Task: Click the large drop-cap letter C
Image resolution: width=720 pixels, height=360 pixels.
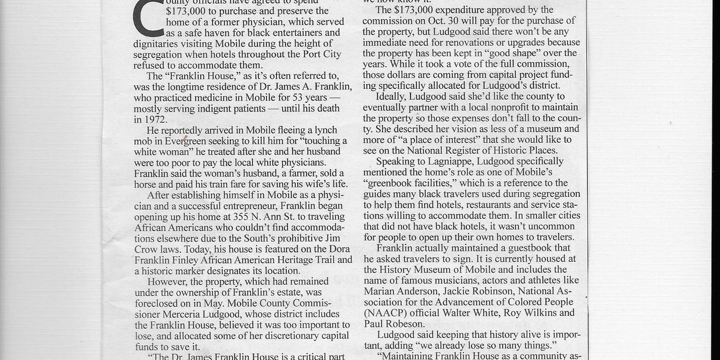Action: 148,17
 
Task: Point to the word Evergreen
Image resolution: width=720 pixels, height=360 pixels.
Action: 186,141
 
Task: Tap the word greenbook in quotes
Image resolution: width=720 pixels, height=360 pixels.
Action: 390,183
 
